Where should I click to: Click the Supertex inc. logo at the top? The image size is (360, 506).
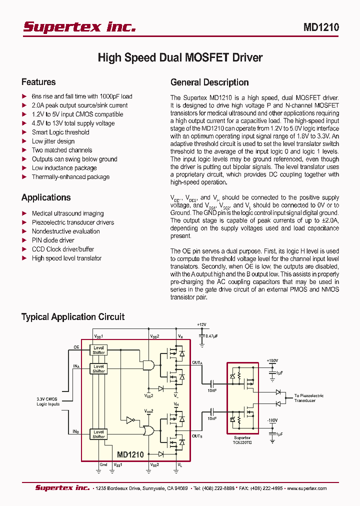(x=79, y=27)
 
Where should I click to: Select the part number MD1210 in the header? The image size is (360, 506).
(x=321, y=28)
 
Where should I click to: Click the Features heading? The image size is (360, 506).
(x=38, y=82)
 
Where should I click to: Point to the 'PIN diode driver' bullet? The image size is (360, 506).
(x=53, y=240)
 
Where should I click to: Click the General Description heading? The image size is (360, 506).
(x=209, y=82)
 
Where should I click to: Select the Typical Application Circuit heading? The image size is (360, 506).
(x=72, y=317)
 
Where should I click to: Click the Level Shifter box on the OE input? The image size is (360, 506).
(x=98, y=350)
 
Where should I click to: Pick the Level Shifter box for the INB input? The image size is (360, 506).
(x=98, y=434)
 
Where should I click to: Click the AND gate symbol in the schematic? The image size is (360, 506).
(x=148, y=365)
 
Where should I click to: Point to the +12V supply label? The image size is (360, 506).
(x=201, y=324)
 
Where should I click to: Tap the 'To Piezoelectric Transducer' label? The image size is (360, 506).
(x=308, y=398)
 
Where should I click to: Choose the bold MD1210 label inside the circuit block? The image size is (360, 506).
(x=130, y=455)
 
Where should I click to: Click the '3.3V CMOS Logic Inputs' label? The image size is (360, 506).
(x=48, y=401)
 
